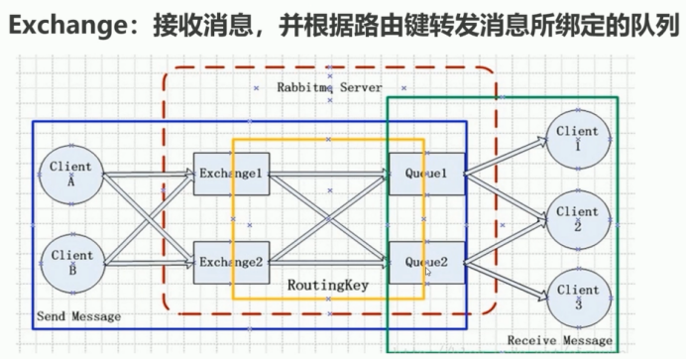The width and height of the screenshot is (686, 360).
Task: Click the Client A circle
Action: coord(70,175)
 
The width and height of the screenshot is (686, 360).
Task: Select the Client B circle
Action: coord(70,263)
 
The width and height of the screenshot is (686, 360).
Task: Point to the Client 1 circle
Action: coord(577,139)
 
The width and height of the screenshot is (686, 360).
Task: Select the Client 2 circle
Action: coord(577,219)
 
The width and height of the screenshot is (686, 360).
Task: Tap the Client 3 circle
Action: coord(577,298)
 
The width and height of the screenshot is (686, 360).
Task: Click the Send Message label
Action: coord(78,316)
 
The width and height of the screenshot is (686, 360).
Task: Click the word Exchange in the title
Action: coord(58,26)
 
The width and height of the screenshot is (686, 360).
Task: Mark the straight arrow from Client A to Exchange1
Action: coord(149,176)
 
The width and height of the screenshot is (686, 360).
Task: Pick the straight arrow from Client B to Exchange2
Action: coord(149,264)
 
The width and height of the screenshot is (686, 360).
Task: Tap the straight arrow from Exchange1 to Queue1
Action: coord(327,176)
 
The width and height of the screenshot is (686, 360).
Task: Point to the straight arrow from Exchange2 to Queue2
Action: coord(327,264)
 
